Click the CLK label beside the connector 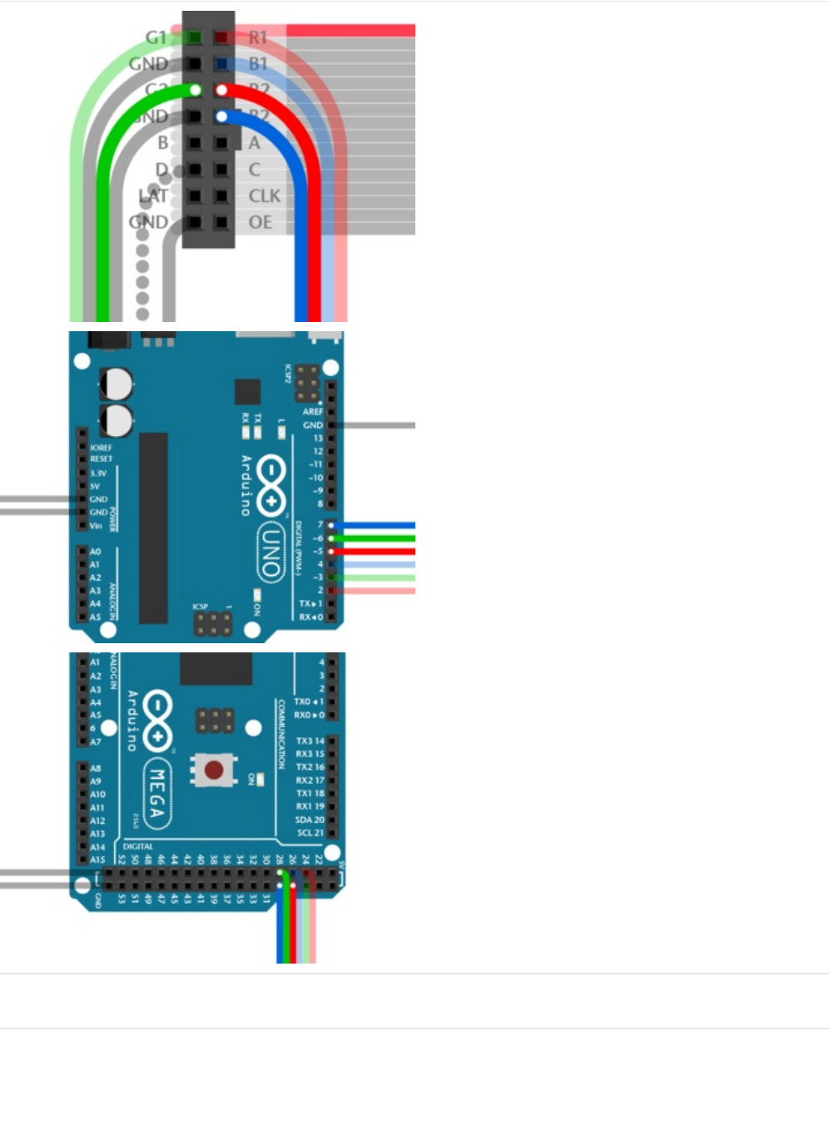(x=264, y=196)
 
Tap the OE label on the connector (x=260, y=222)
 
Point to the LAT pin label (x=153, y=196)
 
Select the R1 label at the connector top (x=258, y=37)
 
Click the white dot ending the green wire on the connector (x=196, y=90)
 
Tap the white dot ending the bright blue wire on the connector (x=221, y=116)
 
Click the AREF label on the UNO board (x=312, y=412)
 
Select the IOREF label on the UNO (x=101, y=448)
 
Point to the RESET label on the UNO (x=101, y=458)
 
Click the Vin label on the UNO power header (x=96, y=526)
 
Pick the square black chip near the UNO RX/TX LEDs (x=247, y=392)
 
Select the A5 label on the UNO (x=95, y=617)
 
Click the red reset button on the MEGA (x=214, y=770)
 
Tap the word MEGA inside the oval (x=156, y=794)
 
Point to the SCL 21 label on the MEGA (x=310, y=833)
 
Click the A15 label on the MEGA (x=97, y=860)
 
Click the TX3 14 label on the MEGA (x=310, y=741)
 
